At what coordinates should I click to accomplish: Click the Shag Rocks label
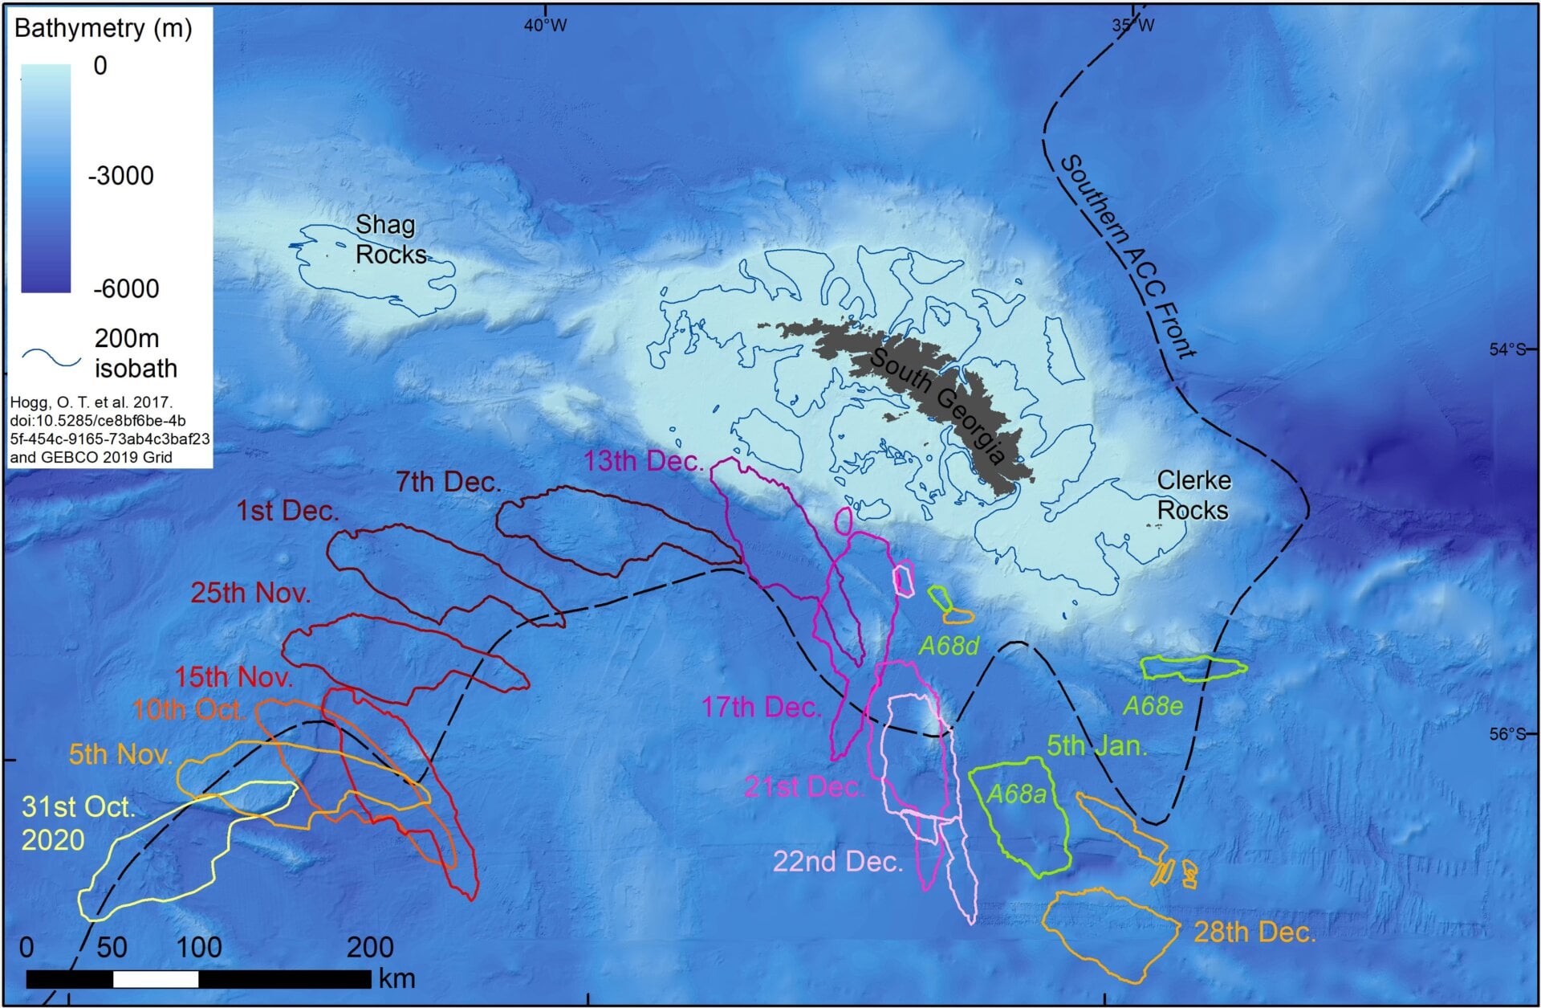(x=390, y=239)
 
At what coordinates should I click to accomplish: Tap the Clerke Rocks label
(x=1193, y=496)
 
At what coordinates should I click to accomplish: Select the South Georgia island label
(x=937, y=406)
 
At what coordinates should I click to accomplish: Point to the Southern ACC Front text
(x=1127, y=256)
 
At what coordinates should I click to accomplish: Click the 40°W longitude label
(x=545, y=26)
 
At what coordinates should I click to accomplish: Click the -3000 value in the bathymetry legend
(x=120, y=176)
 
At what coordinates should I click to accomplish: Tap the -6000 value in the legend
(x=125, y=288)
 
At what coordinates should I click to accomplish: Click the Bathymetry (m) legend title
(x=104, y=29)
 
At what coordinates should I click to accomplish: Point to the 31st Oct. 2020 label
(x=78, y=822)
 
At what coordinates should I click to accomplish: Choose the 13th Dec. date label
(x=644, y=462)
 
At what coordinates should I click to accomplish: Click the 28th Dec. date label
(x=1254, y=933)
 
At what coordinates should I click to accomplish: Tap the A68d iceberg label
(x=949, y=647)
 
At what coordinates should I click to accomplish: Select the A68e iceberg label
(x=1153, y=706)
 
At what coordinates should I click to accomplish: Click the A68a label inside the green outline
(x=1016, y=794)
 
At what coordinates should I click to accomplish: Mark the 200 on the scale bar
(x=370, y=948)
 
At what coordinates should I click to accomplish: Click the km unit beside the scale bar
(x=396, y=978)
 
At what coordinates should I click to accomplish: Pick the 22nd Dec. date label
(x=838, y=862)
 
